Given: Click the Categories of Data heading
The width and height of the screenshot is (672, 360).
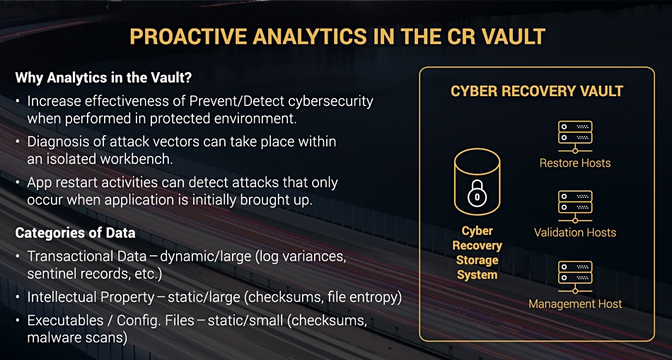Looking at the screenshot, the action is pos(76,233).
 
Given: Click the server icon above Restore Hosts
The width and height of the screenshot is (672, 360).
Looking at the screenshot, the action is pos(574,135).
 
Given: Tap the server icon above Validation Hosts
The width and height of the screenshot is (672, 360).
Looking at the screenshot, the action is pos(574,205).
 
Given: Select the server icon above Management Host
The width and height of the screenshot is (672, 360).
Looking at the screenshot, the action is pos(574,277).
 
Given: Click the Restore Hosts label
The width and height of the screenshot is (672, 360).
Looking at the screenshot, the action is pos(574,163).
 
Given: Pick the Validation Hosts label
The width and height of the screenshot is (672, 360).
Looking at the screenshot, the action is pos(574,233).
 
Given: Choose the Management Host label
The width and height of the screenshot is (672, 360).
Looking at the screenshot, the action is pos(575,304).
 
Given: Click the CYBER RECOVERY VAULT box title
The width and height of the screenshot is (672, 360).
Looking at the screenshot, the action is pos(537,91).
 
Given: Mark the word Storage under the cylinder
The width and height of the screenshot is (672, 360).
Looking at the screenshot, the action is pos(477,260).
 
